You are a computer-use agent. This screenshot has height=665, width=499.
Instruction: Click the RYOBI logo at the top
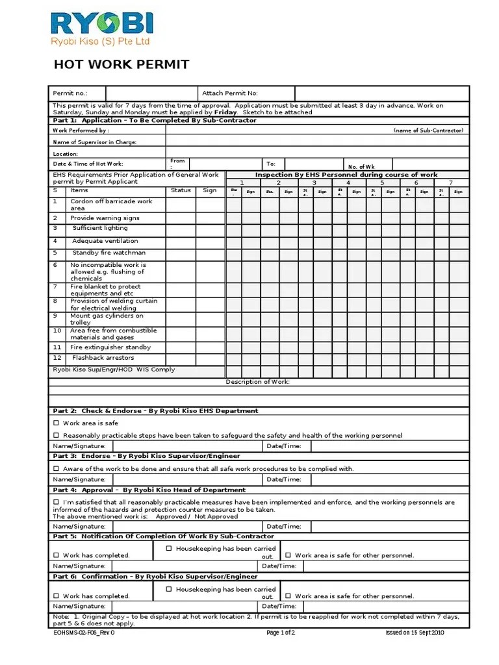[x=102, y=25]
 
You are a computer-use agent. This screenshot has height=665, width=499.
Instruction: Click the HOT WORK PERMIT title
[x=121, y=64]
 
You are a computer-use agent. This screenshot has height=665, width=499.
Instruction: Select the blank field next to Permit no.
[x=151, y=94]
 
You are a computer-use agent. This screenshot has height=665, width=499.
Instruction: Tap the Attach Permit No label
[x=230, y=94]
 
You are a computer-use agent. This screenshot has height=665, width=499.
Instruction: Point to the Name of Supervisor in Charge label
[x=95, y=142]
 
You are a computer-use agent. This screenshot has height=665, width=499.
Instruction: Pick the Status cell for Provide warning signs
[x=181, y=218]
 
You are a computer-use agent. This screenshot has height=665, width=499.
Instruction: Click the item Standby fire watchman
[x=109, y=253]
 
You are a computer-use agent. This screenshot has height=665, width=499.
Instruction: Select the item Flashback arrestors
[x=103, y=358]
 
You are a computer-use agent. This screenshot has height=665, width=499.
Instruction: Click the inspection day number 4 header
[x=348, y=182]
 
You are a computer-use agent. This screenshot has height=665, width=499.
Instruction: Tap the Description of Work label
[x=258, y=382]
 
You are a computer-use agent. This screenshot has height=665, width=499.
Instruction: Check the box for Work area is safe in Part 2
[x=57, y=423]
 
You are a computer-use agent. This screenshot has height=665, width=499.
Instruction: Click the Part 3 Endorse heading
[x=146, y=457]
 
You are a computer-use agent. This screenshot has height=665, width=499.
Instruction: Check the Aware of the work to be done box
[x=57, y=468]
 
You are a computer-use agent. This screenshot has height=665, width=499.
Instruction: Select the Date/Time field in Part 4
[x=390, y=526]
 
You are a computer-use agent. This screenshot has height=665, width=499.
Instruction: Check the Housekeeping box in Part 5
[x=168, y=549]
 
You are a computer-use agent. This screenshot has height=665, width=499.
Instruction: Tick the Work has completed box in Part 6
[x=57, y=596]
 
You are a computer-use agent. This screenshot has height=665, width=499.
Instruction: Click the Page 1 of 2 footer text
[x=281, y=633]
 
